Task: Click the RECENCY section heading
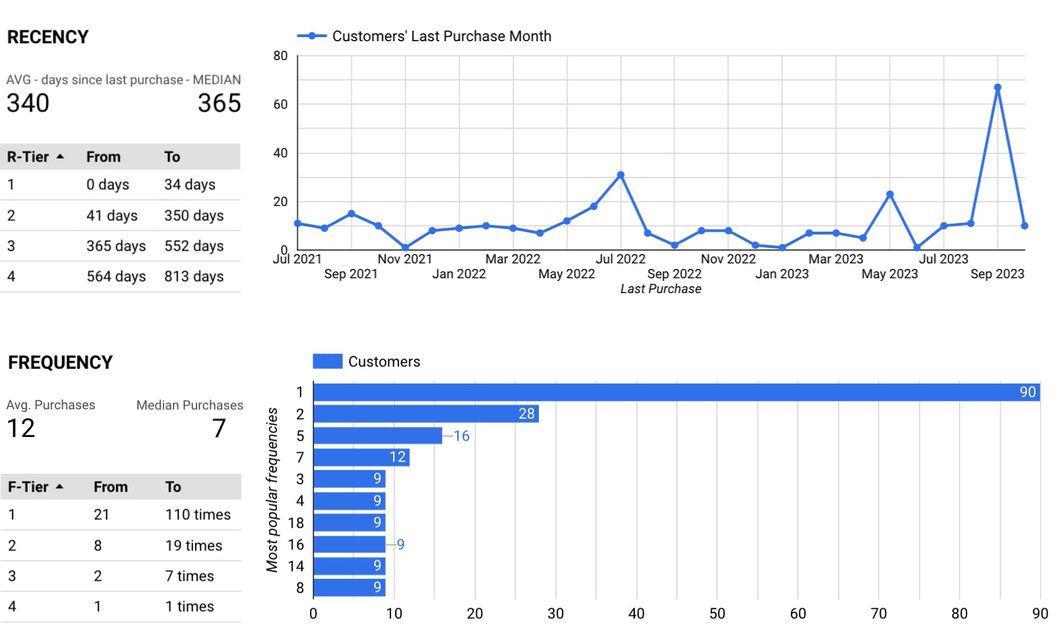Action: [x=48, y=37]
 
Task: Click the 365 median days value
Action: [x=219, y=103]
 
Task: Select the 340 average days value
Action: [x=28, y=103]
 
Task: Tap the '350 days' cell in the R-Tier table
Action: [x=194, y=215]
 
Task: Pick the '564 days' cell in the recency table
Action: [x=116, y=276]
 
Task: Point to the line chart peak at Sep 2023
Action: [x=998, y=88]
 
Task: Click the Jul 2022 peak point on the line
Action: [x=621, y=175]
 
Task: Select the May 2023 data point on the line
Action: [x=890, y=195]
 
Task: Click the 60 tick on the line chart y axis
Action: [x=280, y=105]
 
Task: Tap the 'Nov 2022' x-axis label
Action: [x=728, y=259]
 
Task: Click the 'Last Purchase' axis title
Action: [x=661, y=289]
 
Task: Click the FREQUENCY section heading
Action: [x=60, y=363]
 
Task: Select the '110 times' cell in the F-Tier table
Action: [x=198, y=515]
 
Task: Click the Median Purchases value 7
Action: [x=219, y=428]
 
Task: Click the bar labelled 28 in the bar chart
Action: [x=425, y=414]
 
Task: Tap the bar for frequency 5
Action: [x=378, y=436]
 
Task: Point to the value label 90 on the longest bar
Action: [x=1027, y=392]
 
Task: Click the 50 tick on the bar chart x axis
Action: [x=717, y=613]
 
